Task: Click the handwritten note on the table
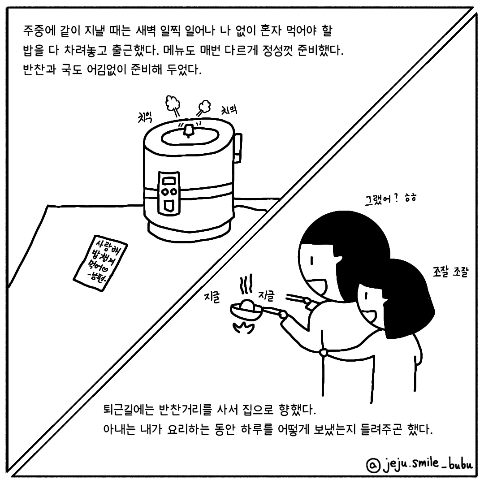pyautogui.click(x=101, y=262)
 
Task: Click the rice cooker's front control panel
pyautogui.click(x=168, y=193)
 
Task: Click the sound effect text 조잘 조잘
pyautogui.click(x=451, y=272)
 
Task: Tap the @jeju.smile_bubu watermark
pyautogui.click(x=419, y=464)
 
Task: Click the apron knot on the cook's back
pyautogui.click(x=324, y=352)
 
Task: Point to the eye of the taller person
pyautogui.click(x=312, y=261)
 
